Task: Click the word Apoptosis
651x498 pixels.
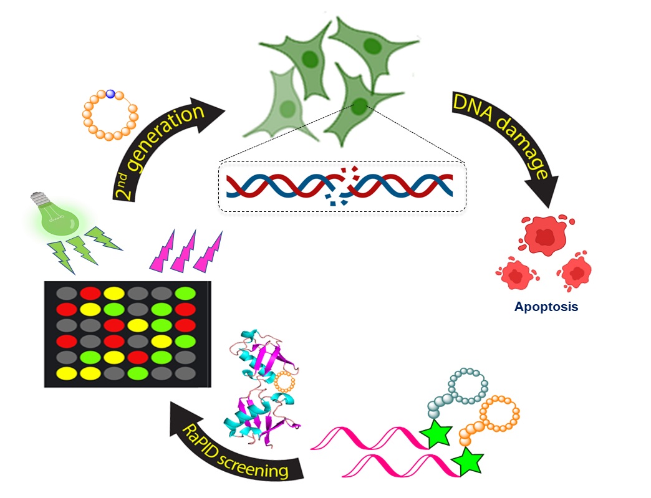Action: [x=546, y=307]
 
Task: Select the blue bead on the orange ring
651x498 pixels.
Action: [x=110, y=94]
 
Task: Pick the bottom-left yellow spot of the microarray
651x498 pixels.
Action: [x=64, y=374]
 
